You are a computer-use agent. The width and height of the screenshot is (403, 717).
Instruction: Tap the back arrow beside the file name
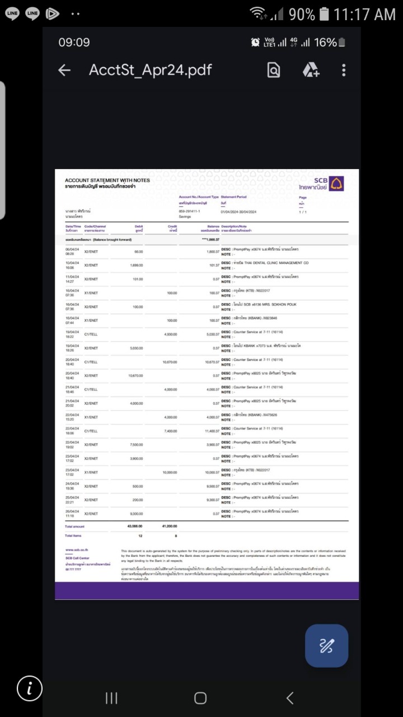point(64,70)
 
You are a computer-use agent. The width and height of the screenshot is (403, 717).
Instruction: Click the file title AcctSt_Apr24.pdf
point(150,70)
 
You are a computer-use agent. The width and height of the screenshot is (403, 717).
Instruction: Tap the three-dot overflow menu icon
point(344,70)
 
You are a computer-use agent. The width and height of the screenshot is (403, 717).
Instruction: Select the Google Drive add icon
point(311,70)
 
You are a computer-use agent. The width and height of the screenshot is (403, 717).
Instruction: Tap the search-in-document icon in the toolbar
point(274,70)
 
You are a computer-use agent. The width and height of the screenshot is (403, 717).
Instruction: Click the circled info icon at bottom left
point(29,688)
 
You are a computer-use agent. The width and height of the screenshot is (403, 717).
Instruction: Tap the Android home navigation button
point(200,697)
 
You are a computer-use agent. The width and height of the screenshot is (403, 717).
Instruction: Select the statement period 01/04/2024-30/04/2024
point(238,212)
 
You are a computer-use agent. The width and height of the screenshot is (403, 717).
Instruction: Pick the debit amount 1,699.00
point(137,265)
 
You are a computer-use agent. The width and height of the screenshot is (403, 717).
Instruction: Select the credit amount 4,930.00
point(170,334)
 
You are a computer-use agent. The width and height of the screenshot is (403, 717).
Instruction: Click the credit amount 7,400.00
point(170,431)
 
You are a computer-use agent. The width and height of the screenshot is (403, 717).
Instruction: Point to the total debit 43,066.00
point(135,526)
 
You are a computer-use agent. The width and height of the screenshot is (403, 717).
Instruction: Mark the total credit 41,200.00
point(169,526)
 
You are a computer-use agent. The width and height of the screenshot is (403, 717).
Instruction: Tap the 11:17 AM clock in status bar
point(364,14)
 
